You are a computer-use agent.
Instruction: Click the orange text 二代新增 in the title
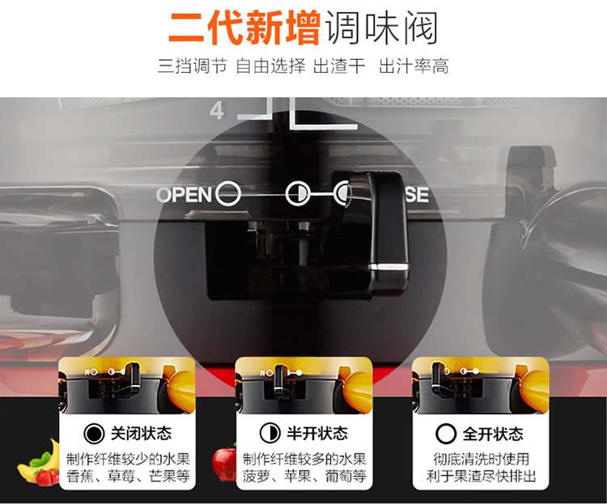click(244, 28)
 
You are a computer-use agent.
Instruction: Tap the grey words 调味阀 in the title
click(382, 28)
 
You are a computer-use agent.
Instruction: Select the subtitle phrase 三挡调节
click(193, 66)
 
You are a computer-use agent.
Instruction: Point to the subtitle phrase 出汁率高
click(414, 66)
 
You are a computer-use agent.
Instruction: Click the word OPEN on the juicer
click(185, 194)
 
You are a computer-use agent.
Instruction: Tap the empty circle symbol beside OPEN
click(228, 193)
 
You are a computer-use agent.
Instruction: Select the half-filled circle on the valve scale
click(297, 193)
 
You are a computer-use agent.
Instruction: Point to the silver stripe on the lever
click(388, 267)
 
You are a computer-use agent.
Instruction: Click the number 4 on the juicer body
click(217, 111)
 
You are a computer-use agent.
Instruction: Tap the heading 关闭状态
click(141, 433)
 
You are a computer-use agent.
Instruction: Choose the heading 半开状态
click(317, 433)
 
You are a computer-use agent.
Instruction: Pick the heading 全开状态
click(493, 434)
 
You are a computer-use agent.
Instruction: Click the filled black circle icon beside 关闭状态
click(94, 434)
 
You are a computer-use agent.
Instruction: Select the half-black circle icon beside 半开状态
click(270, 433)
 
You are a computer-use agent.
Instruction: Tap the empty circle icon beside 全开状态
click(446, 434)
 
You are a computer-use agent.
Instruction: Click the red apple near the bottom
click(224, 464)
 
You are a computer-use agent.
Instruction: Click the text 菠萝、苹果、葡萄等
click(304, 476)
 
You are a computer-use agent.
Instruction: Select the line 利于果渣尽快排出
click(481, 476)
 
